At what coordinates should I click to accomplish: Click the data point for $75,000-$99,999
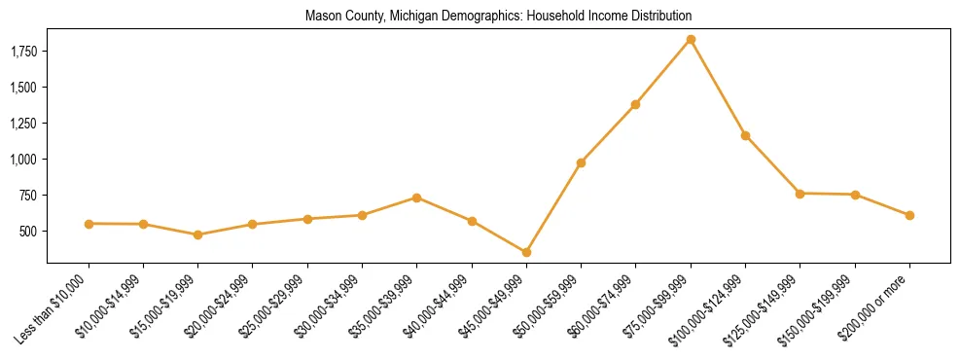pyautogui.click(x=691, y=39)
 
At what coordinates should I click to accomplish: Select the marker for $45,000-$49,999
pyautogui.click(x=526, y=252)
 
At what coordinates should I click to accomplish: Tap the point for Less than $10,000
pyautogui.click(x=89, y=224)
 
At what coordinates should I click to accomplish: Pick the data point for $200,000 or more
pyautogui.click(x=909, y=215)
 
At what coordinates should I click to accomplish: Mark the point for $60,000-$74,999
pyautogui.click(x=636, y=104)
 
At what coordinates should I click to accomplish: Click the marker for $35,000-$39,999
pyautogui.click(x=416, y=198)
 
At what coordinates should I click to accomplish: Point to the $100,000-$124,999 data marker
pyautogui.click(x=745, y=135)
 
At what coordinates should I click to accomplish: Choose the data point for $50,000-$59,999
pyautogui.click(x=581, y=162)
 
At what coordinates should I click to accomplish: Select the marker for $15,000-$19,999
pyautogui.click(x=197, y=234)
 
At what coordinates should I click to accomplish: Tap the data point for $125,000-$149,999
pyautogui.click(x=800, y=194)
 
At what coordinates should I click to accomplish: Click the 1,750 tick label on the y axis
pyautogui.click(x=20, y=51)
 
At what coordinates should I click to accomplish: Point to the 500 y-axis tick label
pyautogui.click(x=27, y=232)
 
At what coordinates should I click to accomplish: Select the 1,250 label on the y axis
pyautogui.click(x=20, y=124)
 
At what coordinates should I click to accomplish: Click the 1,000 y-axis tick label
pyautogui.click(x=20, y=160)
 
